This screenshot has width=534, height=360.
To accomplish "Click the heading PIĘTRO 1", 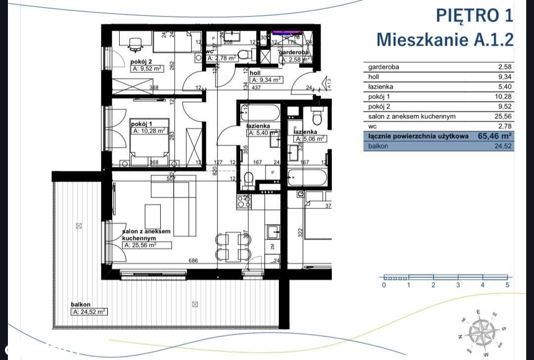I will coord(474,15).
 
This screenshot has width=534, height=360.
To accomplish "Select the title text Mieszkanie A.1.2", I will coord(445,39).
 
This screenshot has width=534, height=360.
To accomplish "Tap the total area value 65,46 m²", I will coord(494,135).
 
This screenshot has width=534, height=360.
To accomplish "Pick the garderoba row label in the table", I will coord(383,67).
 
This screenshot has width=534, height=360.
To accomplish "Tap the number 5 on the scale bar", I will coord(507,285).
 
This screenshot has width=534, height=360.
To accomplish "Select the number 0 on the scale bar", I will coord(384,285).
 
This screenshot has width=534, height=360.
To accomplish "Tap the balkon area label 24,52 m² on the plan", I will coord(89,312).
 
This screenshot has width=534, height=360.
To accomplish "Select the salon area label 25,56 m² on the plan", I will coord(147,245).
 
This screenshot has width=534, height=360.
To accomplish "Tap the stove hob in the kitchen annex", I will coord(244,201).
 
